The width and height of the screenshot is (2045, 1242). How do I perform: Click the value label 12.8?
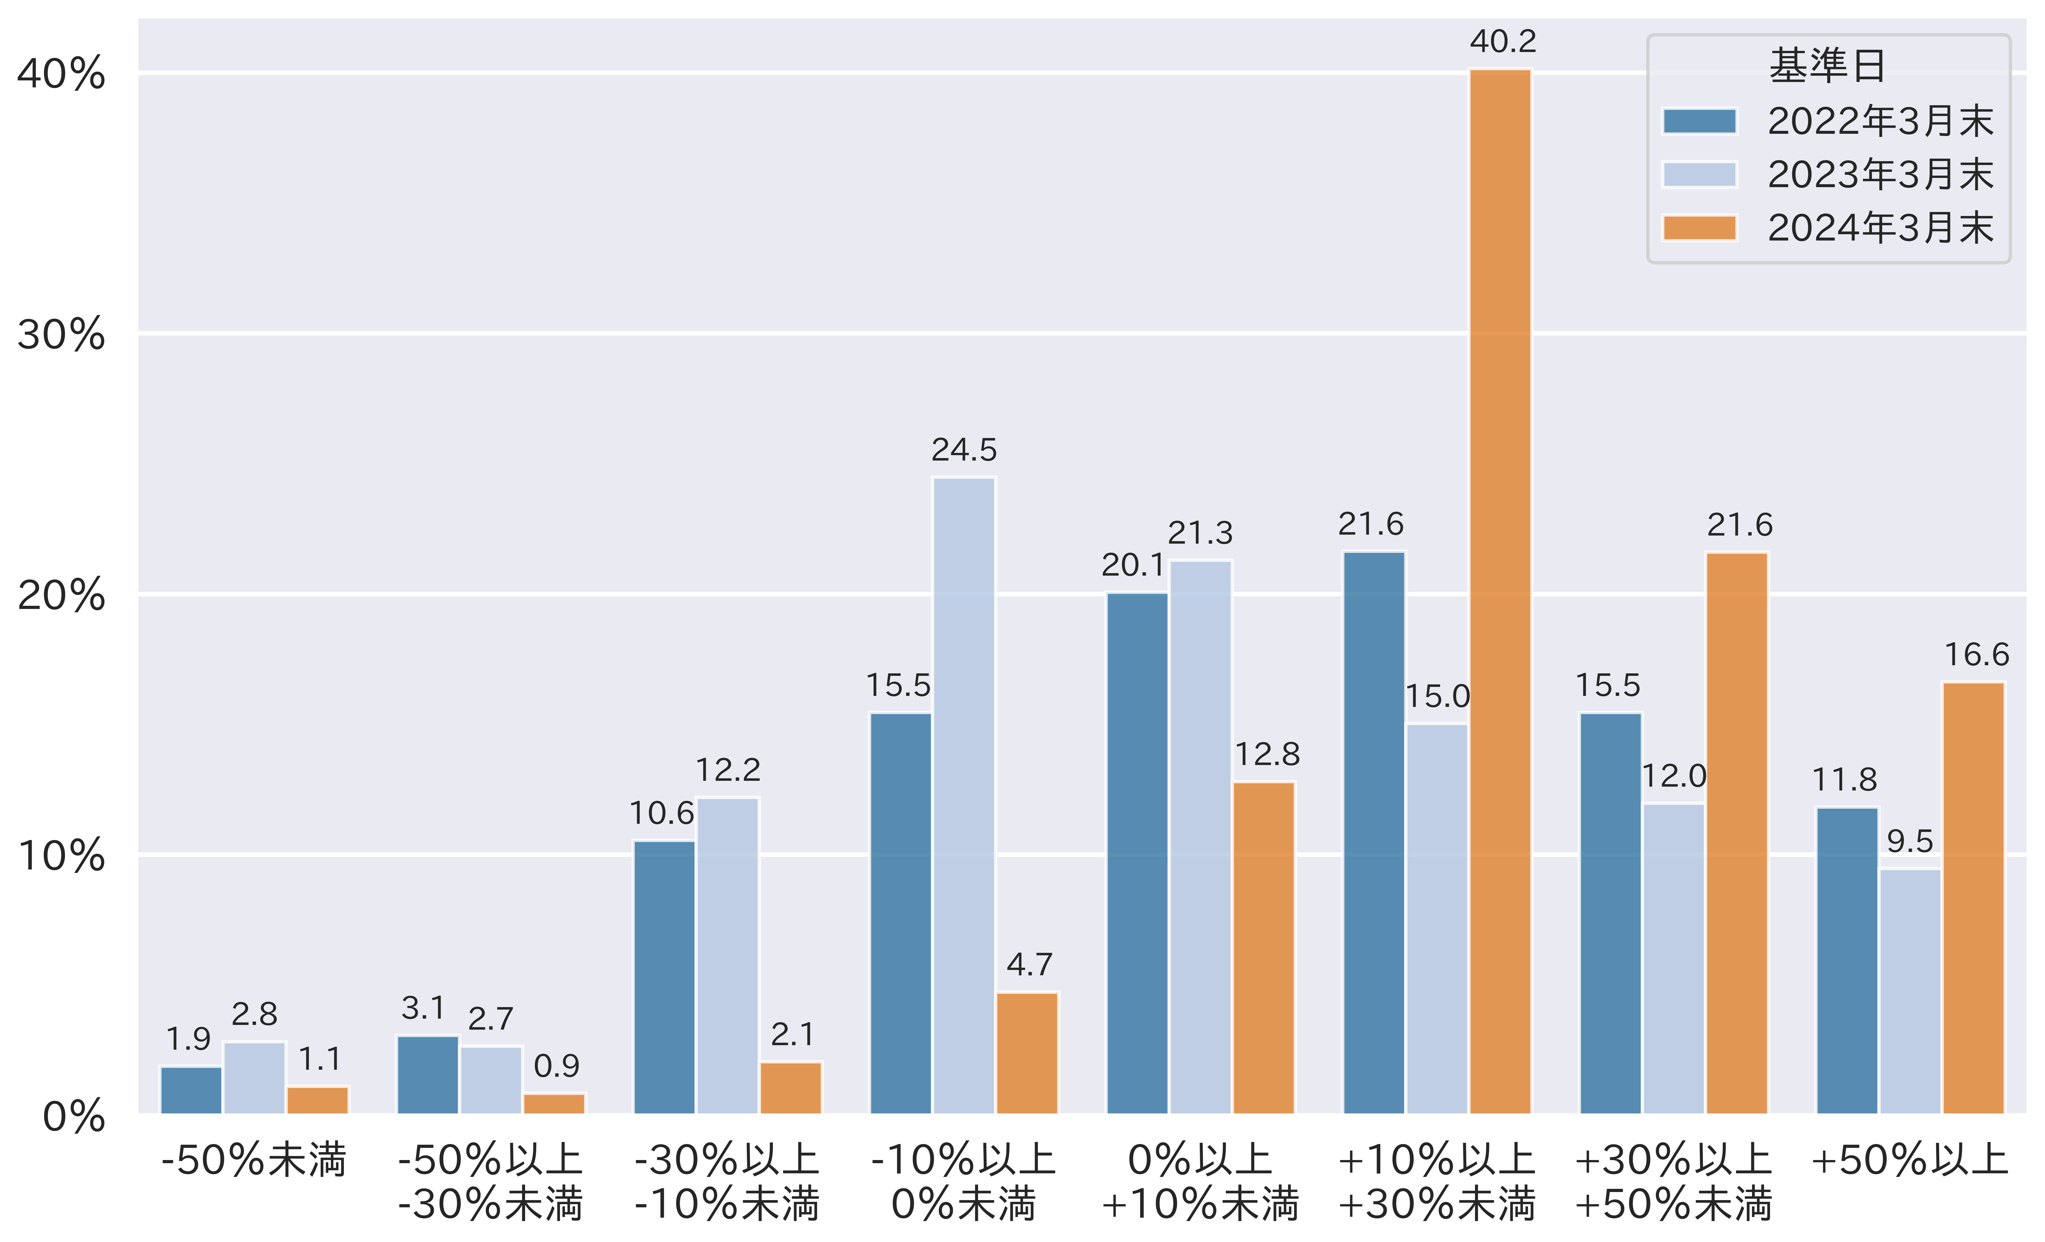click(1267, 754)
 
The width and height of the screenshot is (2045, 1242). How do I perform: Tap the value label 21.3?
click(1200, 533)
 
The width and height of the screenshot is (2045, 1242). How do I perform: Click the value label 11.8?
click(1844, 780)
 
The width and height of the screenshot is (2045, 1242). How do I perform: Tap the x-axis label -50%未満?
click(254, 1160)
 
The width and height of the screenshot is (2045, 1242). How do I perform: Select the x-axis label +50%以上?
click(1910, 1160)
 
